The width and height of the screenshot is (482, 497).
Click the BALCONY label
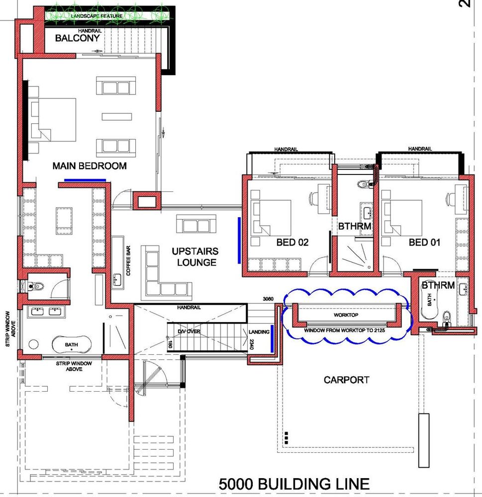click(78, 38)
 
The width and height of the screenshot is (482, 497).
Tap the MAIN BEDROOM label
click(90, 166)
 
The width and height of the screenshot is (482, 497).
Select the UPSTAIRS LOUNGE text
click(195, 257)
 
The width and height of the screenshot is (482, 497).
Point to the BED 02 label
click(292, 243)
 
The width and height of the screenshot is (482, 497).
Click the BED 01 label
click(425, 243)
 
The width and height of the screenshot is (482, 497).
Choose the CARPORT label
click(347, 380)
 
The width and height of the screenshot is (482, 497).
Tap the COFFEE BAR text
click(128, 261)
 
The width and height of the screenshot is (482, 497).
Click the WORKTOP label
click(346, 315)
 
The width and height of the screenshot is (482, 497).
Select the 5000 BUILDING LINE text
click(294, 484)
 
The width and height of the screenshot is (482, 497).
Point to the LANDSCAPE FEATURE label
click(97, 16)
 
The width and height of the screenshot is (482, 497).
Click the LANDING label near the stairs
click(259, 332)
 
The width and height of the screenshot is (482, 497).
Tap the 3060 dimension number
click(268, 299)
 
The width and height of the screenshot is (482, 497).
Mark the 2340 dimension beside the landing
click(252, 344)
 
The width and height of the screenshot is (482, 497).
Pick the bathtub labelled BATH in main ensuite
click(72, 344)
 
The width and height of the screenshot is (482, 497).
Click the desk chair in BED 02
click(313, 199)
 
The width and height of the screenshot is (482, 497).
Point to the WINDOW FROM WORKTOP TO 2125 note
click(345, 331)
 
